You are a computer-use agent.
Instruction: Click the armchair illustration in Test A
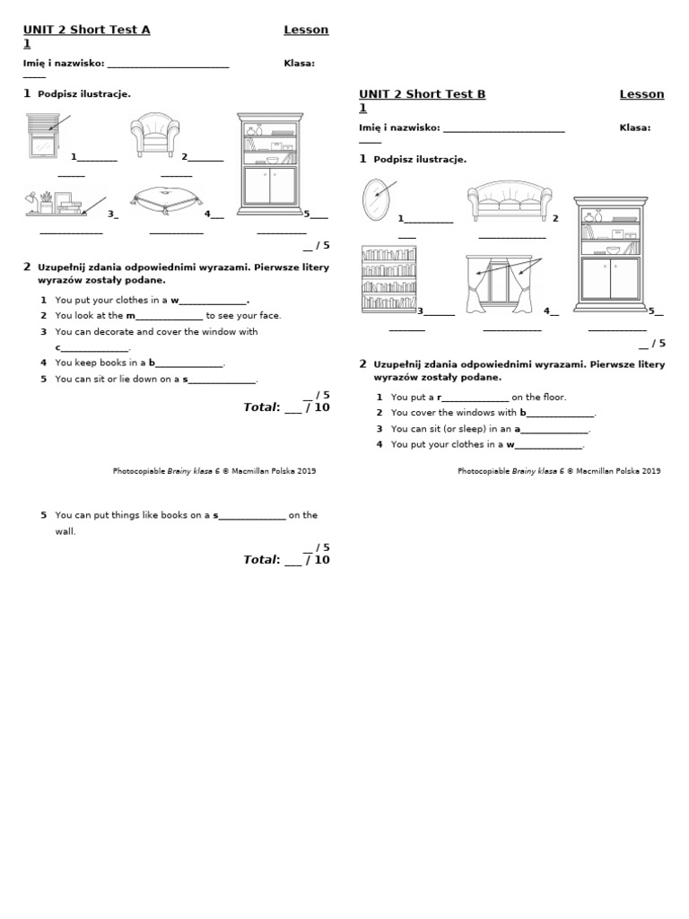155,136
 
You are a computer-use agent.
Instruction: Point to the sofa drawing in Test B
510,202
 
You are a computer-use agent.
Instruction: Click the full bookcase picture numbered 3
389,279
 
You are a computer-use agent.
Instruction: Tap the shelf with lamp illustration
56,204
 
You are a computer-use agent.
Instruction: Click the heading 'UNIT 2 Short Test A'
86,30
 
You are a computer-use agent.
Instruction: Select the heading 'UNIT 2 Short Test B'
422,94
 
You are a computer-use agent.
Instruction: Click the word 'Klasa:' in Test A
299,63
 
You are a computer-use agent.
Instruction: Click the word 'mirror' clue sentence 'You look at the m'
168,316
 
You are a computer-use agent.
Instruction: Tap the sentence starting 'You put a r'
478,397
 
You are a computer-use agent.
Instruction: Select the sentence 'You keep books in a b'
140,363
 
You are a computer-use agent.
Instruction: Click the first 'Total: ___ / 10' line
286,407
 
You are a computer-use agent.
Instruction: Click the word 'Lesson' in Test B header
641,94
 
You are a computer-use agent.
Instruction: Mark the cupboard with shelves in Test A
269,164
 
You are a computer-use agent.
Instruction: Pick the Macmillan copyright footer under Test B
559,471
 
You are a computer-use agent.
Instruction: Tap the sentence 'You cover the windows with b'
493,413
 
